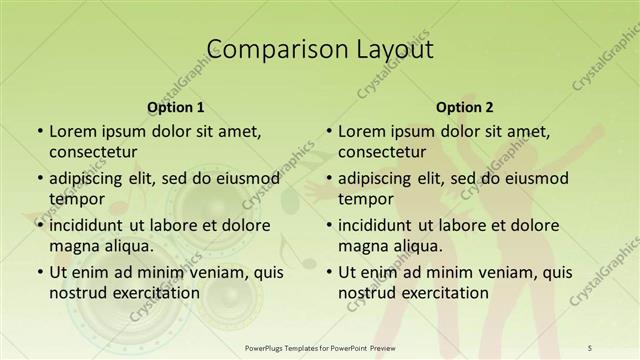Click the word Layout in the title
pos(392,49)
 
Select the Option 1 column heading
pos(176,107)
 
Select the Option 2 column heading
pos(465,107)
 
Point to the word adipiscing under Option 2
pos(376,178)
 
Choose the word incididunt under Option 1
pos(91,224)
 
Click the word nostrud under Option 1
pos(77,293)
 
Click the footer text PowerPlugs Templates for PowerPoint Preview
pos(320,348)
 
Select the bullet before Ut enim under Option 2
pos(328,271)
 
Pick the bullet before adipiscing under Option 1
pos(39,178)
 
